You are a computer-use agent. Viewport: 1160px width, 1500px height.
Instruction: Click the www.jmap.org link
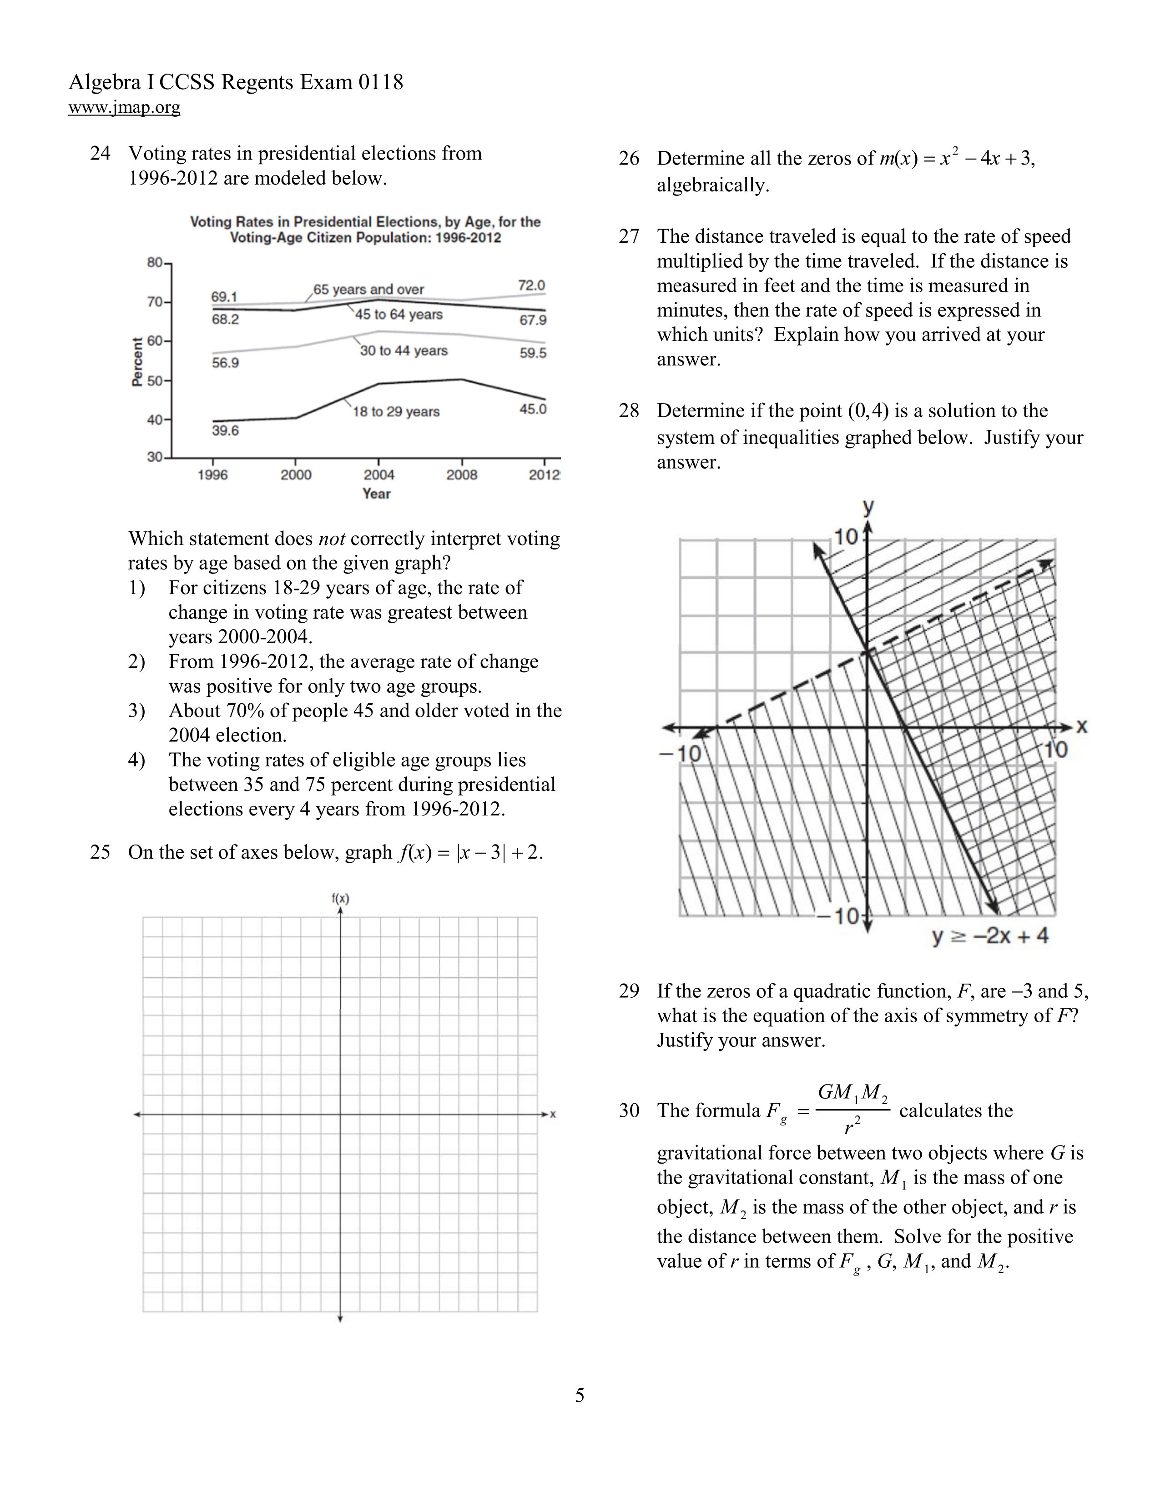point(124,107)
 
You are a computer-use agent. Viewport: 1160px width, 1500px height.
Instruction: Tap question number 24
point(101,153)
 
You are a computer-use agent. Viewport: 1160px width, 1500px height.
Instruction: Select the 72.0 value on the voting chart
point(531,285)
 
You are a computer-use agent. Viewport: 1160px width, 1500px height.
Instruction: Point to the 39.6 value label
point(225,430)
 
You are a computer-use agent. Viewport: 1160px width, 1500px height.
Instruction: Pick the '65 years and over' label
point(369,289)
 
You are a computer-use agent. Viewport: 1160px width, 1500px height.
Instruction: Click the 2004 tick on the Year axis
point(378,475)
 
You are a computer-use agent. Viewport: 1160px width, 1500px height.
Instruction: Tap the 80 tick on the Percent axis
point(155,262)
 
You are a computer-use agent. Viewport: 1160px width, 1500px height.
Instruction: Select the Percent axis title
point(137,362)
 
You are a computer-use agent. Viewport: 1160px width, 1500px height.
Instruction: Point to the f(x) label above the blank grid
point(340,898)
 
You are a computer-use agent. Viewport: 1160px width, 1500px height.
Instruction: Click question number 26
point(629,159)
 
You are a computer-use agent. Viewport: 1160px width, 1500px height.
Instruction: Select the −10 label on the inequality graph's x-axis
point(681,754)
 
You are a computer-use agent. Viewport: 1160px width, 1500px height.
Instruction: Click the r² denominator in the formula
point(852,1126)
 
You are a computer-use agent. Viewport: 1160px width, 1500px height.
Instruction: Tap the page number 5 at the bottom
point(580,1395)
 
